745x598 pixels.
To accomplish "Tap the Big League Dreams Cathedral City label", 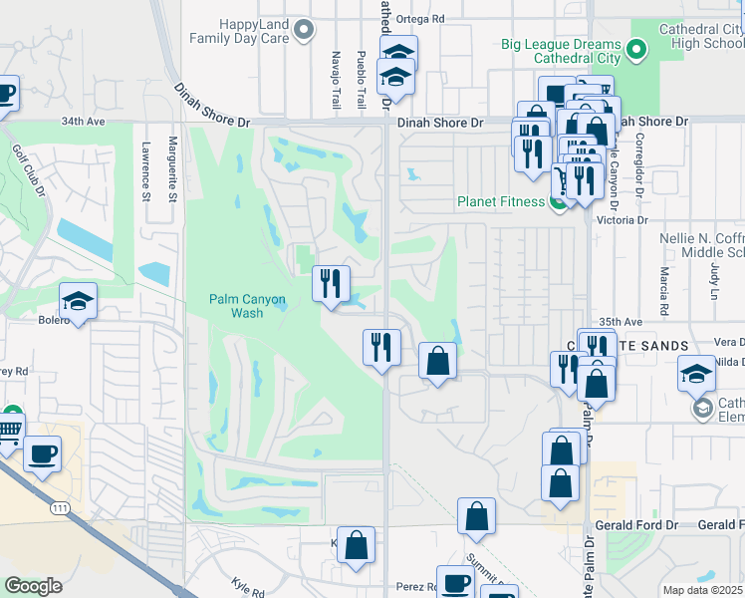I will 561,52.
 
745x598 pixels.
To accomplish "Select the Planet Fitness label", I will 500,201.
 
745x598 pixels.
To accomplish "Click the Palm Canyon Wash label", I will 247,305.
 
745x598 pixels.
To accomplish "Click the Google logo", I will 33,586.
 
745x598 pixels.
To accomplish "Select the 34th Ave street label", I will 82,122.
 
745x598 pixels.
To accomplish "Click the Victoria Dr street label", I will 622,219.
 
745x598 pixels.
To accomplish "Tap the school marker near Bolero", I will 77,300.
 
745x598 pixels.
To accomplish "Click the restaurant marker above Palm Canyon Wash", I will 330,283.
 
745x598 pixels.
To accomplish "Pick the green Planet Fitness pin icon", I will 559,202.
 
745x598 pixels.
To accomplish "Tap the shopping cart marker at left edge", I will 8,431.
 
